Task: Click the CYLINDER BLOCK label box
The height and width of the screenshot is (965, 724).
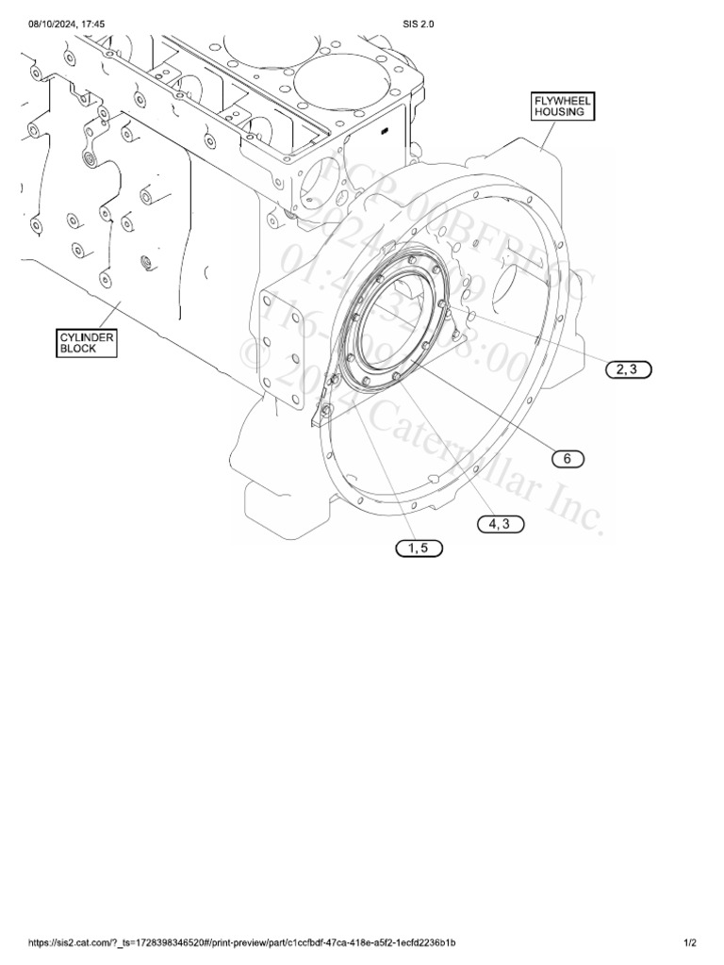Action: [x=85, y=342]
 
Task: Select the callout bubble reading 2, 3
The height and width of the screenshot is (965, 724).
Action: [x=627, y=369]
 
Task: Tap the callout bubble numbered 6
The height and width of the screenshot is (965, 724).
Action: [x=568, y=459]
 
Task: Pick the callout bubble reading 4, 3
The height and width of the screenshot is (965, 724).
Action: [x=500, y=524]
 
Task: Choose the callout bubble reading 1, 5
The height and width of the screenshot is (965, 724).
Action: [x=418, y=548]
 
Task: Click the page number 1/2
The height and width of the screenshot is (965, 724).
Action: [x=690, y=942]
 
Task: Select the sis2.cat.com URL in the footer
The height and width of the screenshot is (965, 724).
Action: [x=246, y=942]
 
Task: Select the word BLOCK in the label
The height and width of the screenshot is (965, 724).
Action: [x=78, y=349]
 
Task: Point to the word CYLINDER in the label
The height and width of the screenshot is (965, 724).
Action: [x=85, y=336]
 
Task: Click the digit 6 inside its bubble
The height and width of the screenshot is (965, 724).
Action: [x=568, y=459]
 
